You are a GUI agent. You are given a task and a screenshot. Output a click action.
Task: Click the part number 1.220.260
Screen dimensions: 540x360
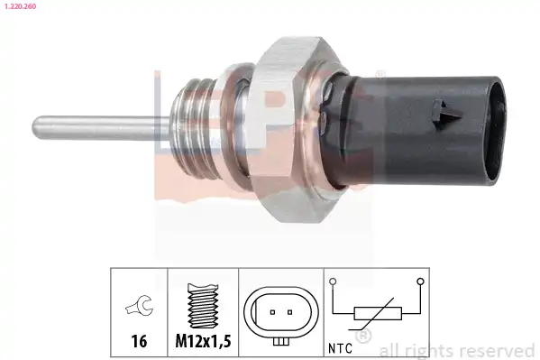21,6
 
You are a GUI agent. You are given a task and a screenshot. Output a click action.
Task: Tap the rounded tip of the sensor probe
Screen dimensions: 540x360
35,127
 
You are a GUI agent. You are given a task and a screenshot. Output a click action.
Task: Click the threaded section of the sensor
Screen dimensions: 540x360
197,127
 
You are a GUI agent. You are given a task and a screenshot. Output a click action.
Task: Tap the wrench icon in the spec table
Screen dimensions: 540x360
140,305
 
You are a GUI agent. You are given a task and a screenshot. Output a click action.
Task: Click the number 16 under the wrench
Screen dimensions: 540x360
139,341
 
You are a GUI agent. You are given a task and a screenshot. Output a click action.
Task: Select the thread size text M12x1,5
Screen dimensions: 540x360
203,341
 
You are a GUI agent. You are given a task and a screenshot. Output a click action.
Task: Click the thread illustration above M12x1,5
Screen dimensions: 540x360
203,306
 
